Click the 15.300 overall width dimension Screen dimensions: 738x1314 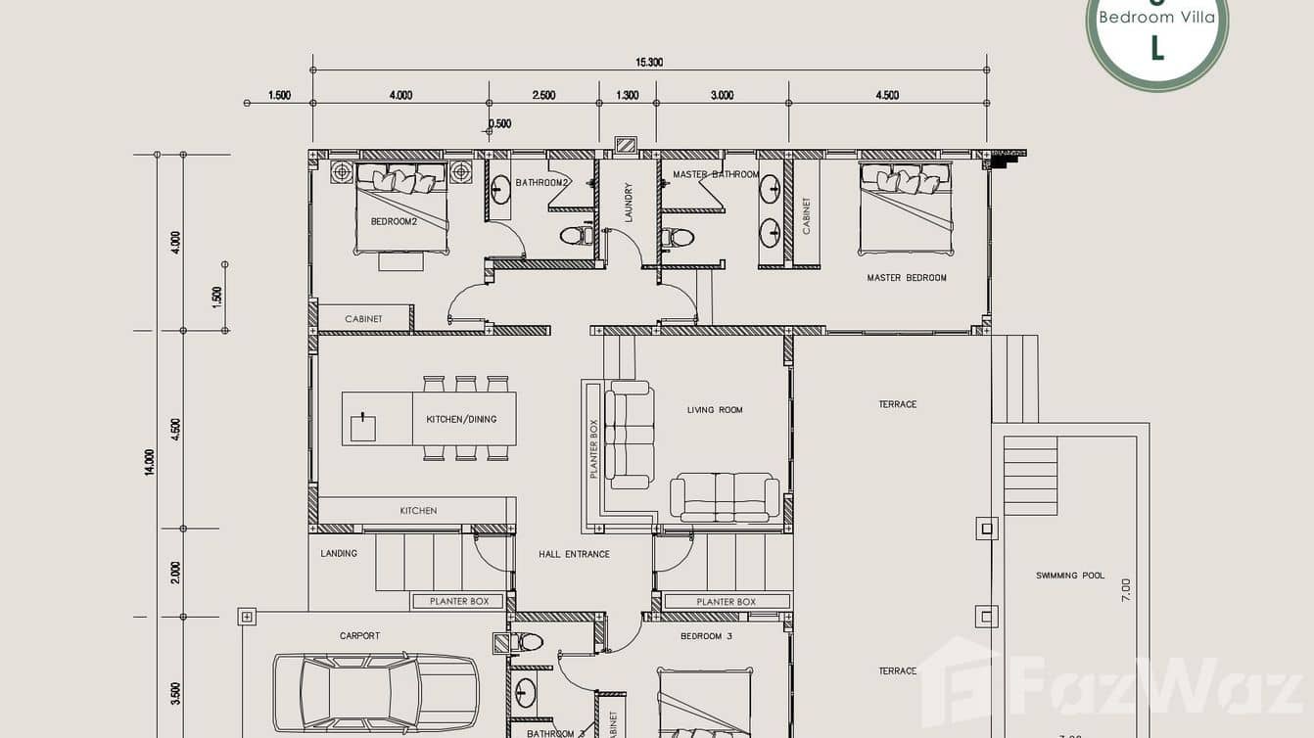(x=649, y=62)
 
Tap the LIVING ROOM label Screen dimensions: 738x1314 (x=715, y=410)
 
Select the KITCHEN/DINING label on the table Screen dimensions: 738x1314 (x=461, y=419)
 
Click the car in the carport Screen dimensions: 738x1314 (x=376, y=691)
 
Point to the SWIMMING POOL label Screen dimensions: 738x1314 (x=1070, y=576)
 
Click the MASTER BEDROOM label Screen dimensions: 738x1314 (x=907, y=278)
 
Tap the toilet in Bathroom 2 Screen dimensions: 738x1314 (x=575, y=235)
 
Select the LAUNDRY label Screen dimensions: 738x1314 (x=629, y=203)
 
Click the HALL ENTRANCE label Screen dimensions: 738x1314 (x=574, y=554)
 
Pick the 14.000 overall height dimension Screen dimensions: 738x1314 (x=149, y=462)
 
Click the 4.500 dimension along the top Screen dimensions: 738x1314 (x=887, y=95)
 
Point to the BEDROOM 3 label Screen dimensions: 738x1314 (x=707, y=636)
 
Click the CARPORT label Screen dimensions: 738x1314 (x=359, y=636)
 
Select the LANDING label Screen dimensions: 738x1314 (x=339, y=553)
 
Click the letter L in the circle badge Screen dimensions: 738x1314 (x=1157, y=47)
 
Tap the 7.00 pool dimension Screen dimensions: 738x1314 (x=1126, y=589)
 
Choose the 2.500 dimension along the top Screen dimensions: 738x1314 (x=543, y=95)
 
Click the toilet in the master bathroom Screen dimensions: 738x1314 (x=678, y=237)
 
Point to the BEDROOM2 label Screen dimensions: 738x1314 (x=394, y=221)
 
